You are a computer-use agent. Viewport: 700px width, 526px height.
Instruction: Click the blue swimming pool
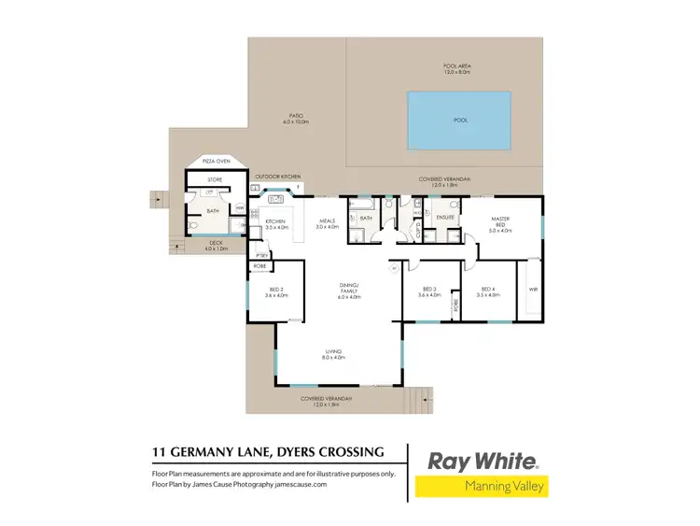tap(460, 120)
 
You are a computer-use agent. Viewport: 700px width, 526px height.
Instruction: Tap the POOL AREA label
tap(457, 68)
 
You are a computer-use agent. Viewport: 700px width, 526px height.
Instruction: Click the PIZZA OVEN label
tap(217, 162)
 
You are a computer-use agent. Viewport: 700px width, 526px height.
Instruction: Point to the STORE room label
tap(214, 178)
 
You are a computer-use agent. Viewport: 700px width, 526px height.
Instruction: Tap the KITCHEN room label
tap(276, 223)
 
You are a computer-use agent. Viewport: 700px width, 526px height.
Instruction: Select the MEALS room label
tap(326, 223)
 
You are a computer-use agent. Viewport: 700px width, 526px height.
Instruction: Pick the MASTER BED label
tap(500, 225)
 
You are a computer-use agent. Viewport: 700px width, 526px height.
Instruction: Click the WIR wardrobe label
tap(533, 290)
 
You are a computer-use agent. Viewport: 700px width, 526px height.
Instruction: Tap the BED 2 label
tap(275, 291)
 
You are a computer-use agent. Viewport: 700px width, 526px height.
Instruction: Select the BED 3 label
tap(429, 291)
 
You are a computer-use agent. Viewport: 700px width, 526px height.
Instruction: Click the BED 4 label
tap(488, 291)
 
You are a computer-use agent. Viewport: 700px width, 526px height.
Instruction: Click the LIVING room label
tap(333, 354)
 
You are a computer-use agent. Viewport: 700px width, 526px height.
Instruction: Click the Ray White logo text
tap(482, 461)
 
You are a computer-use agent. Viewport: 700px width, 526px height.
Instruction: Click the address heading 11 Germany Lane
tap(268, 453)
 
